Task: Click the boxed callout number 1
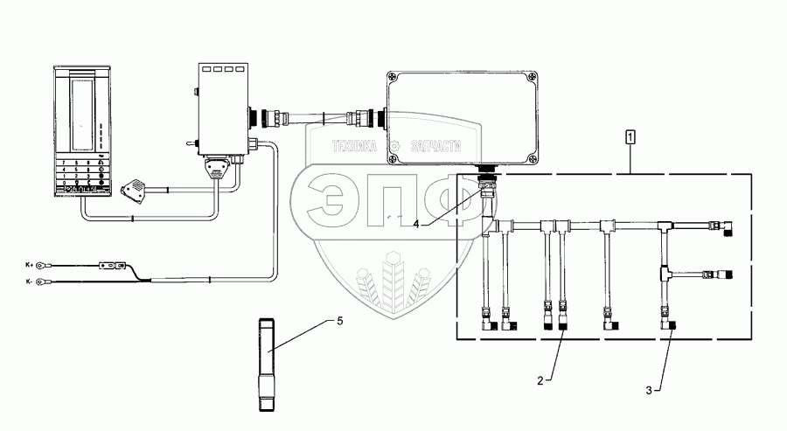point(630,137)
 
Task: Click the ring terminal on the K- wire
point(52,281)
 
